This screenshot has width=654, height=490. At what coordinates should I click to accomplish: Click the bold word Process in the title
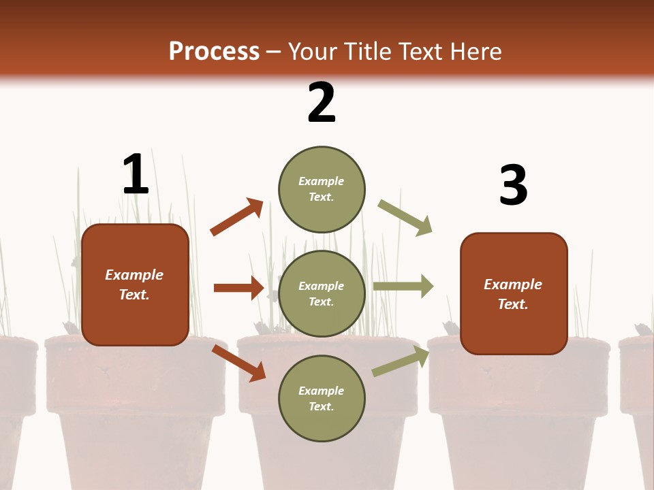(x=214, y=52)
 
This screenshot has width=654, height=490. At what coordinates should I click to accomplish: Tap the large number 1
(x=136, y=175)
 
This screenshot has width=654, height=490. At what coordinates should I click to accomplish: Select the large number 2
(x=322, y=103)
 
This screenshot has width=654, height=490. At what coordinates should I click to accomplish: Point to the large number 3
(x=513, y=186)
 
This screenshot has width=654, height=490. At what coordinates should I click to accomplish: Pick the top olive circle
(x=322, y=189)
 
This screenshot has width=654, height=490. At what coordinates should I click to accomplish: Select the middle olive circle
(x=322, y=294)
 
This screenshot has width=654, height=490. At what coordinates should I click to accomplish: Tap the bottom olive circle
(x=322, y=399)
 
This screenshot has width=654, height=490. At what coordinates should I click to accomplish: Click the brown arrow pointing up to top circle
(x=236, y=217)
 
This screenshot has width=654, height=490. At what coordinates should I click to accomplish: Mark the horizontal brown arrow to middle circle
(x=238, y=288)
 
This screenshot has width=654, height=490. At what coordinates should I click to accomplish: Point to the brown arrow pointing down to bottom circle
(x=238, y=363)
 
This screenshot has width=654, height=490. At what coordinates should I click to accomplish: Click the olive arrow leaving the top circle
(x=405, y=218)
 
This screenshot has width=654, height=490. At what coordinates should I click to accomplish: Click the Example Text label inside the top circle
(x=322, y=189)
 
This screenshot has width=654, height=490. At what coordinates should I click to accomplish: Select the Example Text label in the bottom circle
(x=322, y=399)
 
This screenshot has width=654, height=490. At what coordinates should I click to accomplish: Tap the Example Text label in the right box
(x=513, y=294)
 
